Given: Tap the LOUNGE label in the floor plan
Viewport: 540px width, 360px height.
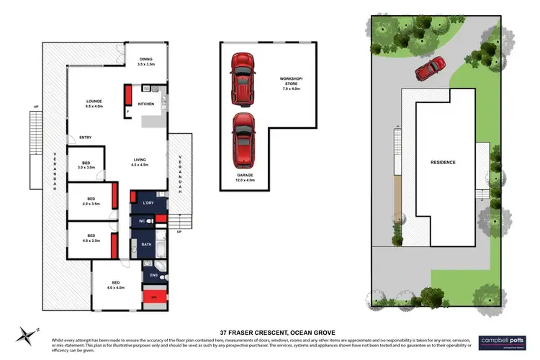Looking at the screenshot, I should [94, 102].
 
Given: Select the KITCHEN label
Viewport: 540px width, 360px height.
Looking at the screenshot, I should [146, 104].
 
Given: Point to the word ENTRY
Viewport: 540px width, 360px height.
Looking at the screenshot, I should [85, 138].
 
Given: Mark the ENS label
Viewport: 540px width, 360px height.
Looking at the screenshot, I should [153, 274].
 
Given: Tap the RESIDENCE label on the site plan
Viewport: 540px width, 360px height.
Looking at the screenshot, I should [442, 162].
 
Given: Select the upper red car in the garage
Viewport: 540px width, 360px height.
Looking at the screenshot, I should [239, 77].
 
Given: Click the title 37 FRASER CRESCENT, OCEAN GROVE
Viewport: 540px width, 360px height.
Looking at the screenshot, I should [269, 323].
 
